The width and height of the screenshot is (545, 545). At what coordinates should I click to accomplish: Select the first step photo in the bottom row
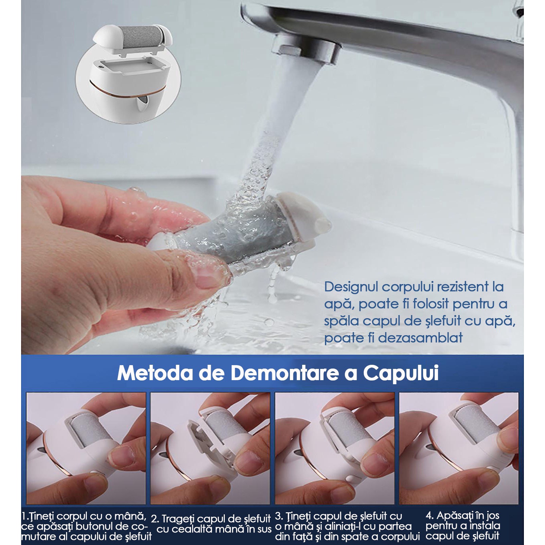click(86, 448)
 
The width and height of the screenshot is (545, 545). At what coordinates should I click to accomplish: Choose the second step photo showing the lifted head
click(210, 448)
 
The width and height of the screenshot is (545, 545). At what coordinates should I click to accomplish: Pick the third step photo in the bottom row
click(334, 448)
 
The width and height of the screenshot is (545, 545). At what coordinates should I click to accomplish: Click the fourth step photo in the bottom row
click(459, 448)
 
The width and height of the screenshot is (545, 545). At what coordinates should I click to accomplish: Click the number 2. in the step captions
click(155, 519)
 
